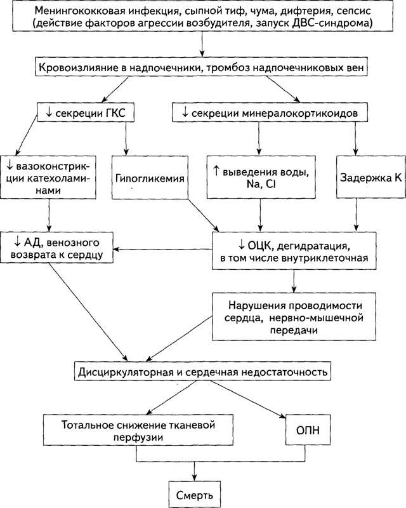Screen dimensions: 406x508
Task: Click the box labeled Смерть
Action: coord(195,495)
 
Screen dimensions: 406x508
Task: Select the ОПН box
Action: coord(308,430)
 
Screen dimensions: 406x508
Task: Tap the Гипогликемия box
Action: coord(150,177)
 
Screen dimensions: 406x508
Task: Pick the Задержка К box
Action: coord(370,177)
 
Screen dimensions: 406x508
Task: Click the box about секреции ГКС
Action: coord(86,112)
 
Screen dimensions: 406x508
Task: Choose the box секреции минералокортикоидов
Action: coord(270,112)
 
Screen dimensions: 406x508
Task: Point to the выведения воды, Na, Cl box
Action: coord(261,177)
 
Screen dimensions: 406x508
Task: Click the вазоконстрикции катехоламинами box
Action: coord(48,177)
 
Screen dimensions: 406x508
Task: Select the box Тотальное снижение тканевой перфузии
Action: coord(138,430)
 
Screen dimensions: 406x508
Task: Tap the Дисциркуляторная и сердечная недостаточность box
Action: coord(202,371)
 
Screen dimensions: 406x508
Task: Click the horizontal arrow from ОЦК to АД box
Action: coord(163,250)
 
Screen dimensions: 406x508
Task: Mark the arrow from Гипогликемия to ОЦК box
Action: coord(204,215)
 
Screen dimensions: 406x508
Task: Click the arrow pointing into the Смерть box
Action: coord(194,471)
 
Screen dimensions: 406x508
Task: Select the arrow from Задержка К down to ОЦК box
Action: coord(356,215)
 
